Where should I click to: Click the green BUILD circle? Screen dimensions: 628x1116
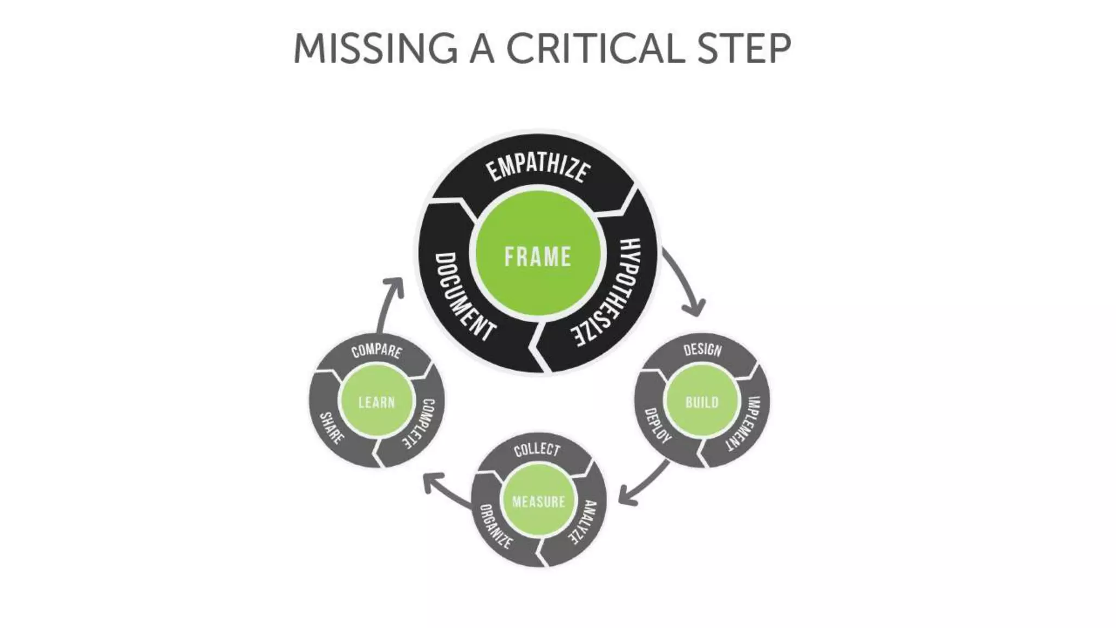pyautogui.click(x=702, y=402)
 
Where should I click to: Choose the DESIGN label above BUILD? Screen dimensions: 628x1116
pyautogui.click(x=702, y=349)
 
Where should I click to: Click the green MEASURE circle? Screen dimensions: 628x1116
pyautogui.click(x=538, y=501)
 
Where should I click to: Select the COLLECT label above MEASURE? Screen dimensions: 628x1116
pyautogui.click(x=537, y=449)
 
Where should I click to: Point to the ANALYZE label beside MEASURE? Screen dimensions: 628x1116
pyautogui.click(x=584, y=522)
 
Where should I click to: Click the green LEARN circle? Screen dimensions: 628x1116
pyautogui.click(x=376, y=402)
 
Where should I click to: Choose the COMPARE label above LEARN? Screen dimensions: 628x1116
pyautogui.click(x=377, y=351)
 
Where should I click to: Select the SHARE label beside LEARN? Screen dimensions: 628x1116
pyautogui.click(x=331, y=428)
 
